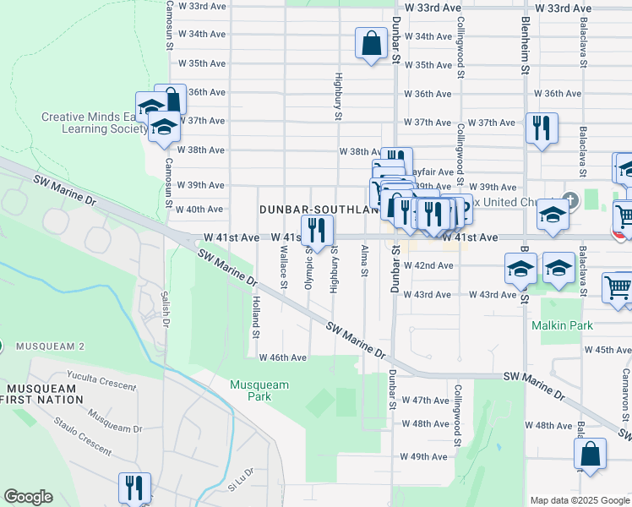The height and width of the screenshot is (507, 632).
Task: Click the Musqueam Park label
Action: click(259, 390)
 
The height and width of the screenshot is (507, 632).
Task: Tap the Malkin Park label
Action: click(562, 325)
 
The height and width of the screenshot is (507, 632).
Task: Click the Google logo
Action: click(28, 497)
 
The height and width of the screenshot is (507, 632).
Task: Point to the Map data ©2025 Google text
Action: click(579, 500)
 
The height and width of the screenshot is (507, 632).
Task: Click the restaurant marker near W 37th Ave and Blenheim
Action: click(538, 128)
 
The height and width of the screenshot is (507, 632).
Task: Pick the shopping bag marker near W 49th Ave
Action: click(590, 453)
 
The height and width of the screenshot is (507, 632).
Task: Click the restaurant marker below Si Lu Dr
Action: click(133, 488)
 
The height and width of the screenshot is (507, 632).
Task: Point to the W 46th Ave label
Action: click(282, 357)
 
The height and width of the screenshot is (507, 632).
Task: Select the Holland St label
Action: click(255, 317)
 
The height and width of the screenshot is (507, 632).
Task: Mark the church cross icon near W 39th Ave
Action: click(571, 200)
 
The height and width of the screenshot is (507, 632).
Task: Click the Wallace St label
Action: click(283, 264)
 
